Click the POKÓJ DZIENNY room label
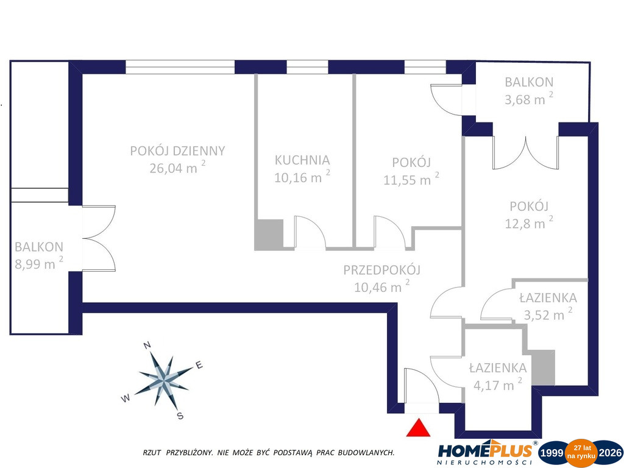coord(177,151)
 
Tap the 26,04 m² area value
coord(177,167)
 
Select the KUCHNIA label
coord(302,160)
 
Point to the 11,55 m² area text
coord(411,179)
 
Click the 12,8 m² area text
coord(529,223)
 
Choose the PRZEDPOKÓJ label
coord(381,270)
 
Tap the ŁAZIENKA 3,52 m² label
coord(548,306)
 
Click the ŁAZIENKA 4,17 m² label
coord(497,376)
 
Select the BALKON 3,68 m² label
coord(529,90)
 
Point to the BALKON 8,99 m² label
coord(39,255)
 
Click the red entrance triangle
coord(418,428)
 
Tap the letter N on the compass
coord(147,345)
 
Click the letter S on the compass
coord(180,416)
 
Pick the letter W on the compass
coord(126,398)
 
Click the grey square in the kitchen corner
coord(269,234)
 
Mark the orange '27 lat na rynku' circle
coord(582,452)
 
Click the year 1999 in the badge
coord(551,453)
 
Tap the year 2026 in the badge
coord(610,453)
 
